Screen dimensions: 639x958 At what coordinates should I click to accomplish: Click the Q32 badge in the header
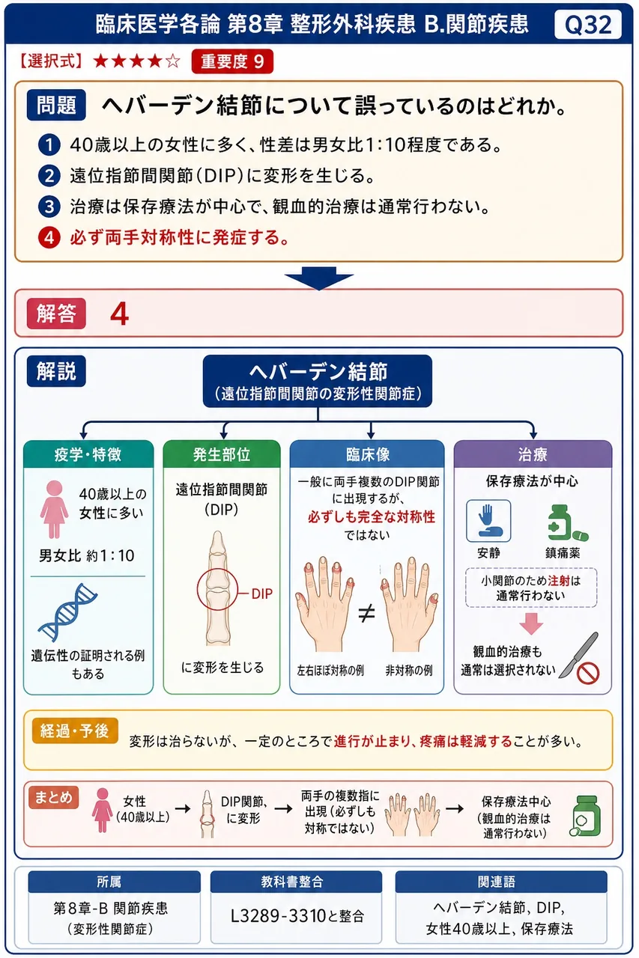click(587, 25)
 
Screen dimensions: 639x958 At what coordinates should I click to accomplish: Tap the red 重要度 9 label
click(232, 61)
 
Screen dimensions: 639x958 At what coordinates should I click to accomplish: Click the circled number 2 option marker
click(49, 176)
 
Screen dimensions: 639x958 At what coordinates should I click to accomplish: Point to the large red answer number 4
click(119, 314)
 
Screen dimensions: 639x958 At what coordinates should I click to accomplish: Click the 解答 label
click(56, 314)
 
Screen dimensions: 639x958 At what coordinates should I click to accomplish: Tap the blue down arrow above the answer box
click(319, 278)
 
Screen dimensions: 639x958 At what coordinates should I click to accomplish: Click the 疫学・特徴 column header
click(88, 454)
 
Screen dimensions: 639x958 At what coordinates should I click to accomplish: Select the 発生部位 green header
click(222, 454)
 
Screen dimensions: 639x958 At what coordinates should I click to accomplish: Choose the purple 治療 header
click(533, 454)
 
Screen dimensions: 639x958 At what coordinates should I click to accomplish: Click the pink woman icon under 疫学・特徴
click(55, 509)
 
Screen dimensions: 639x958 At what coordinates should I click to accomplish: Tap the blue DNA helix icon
click(67, 612)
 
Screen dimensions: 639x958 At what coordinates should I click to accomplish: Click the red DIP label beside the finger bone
click(261, 594)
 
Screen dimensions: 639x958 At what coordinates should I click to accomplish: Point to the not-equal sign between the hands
click(366, 613)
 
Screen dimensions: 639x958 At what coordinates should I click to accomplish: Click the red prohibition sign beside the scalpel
click(587, 674)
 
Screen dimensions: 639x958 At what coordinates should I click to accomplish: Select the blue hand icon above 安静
click(488, 520)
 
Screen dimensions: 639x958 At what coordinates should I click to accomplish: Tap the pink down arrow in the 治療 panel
click(531, 623)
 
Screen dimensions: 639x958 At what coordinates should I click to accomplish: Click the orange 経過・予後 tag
click(75, 730)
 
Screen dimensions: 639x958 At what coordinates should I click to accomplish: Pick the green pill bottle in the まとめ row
click(586, 816)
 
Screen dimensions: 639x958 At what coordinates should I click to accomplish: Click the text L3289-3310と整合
click(297, 916)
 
